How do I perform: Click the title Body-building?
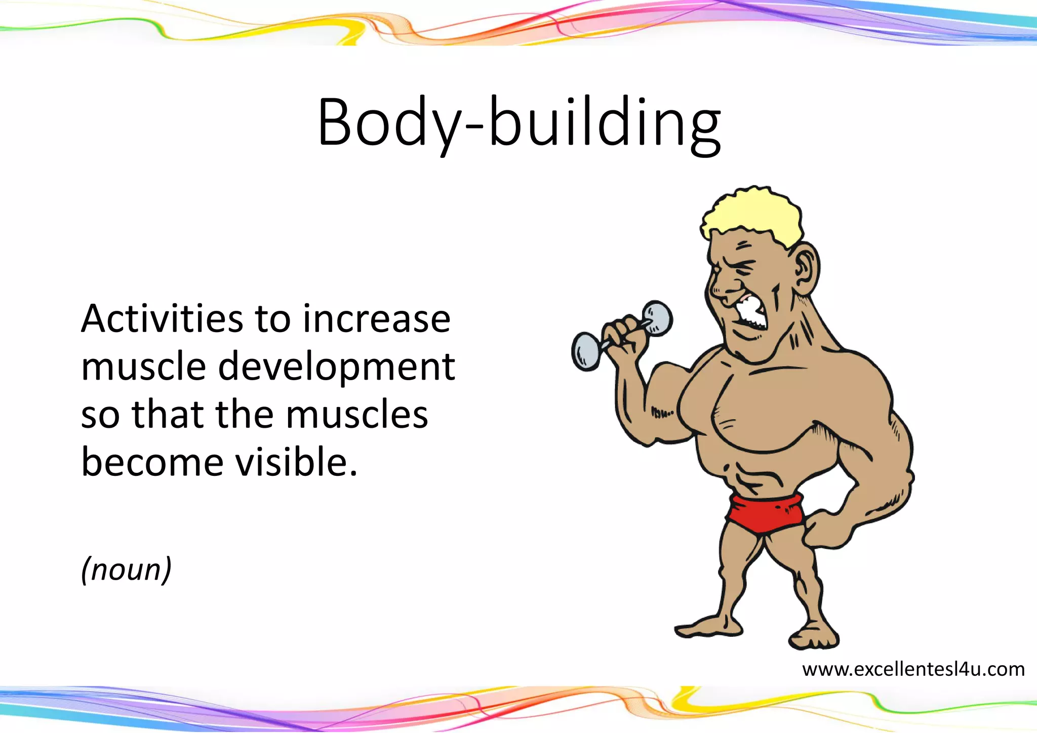click(519, 123)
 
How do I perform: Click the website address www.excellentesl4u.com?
click(913, 669)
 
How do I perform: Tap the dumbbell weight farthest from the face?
click(586, 351)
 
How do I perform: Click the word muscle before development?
click(143, 366)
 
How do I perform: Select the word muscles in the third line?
click(357, 415)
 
